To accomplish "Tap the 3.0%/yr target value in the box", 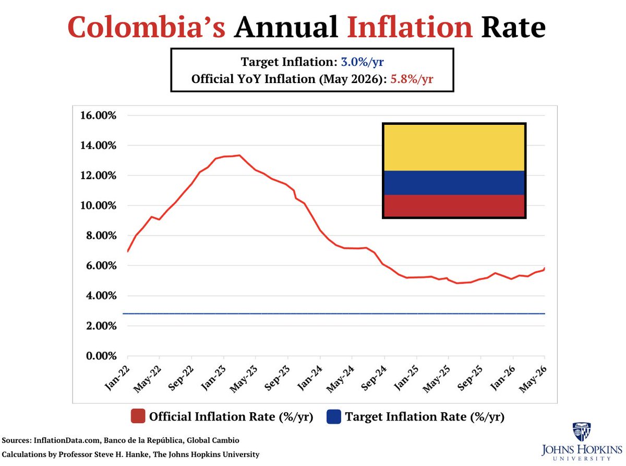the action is (363, 62).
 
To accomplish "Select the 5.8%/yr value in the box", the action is (412, 79).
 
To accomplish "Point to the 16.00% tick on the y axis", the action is (98, 115).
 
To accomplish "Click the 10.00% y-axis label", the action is (98, 205).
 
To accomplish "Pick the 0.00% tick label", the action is (101, 356).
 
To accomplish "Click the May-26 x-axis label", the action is (533, 379).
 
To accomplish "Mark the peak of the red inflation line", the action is (239, 155).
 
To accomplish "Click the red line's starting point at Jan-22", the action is (128, 251).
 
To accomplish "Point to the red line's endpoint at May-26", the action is (545, 268).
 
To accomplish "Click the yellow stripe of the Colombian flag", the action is (454, 148).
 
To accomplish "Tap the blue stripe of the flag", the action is (454, 183).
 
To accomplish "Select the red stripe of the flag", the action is (454, 206).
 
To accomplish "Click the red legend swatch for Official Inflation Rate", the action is (138, 416).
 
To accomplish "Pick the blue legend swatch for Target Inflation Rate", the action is (333, 416).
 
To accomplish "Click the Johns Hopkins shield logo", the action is (582, 432).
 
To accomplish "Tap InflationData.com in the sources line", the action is (67, 440).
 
